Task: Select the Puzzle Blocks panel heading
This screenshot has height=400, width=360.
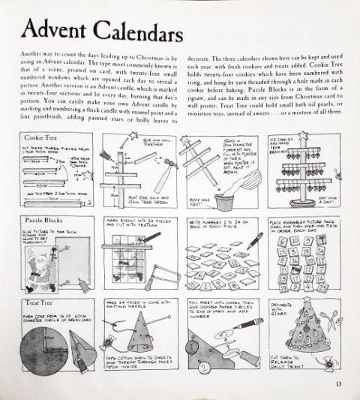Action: (46, 221)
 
